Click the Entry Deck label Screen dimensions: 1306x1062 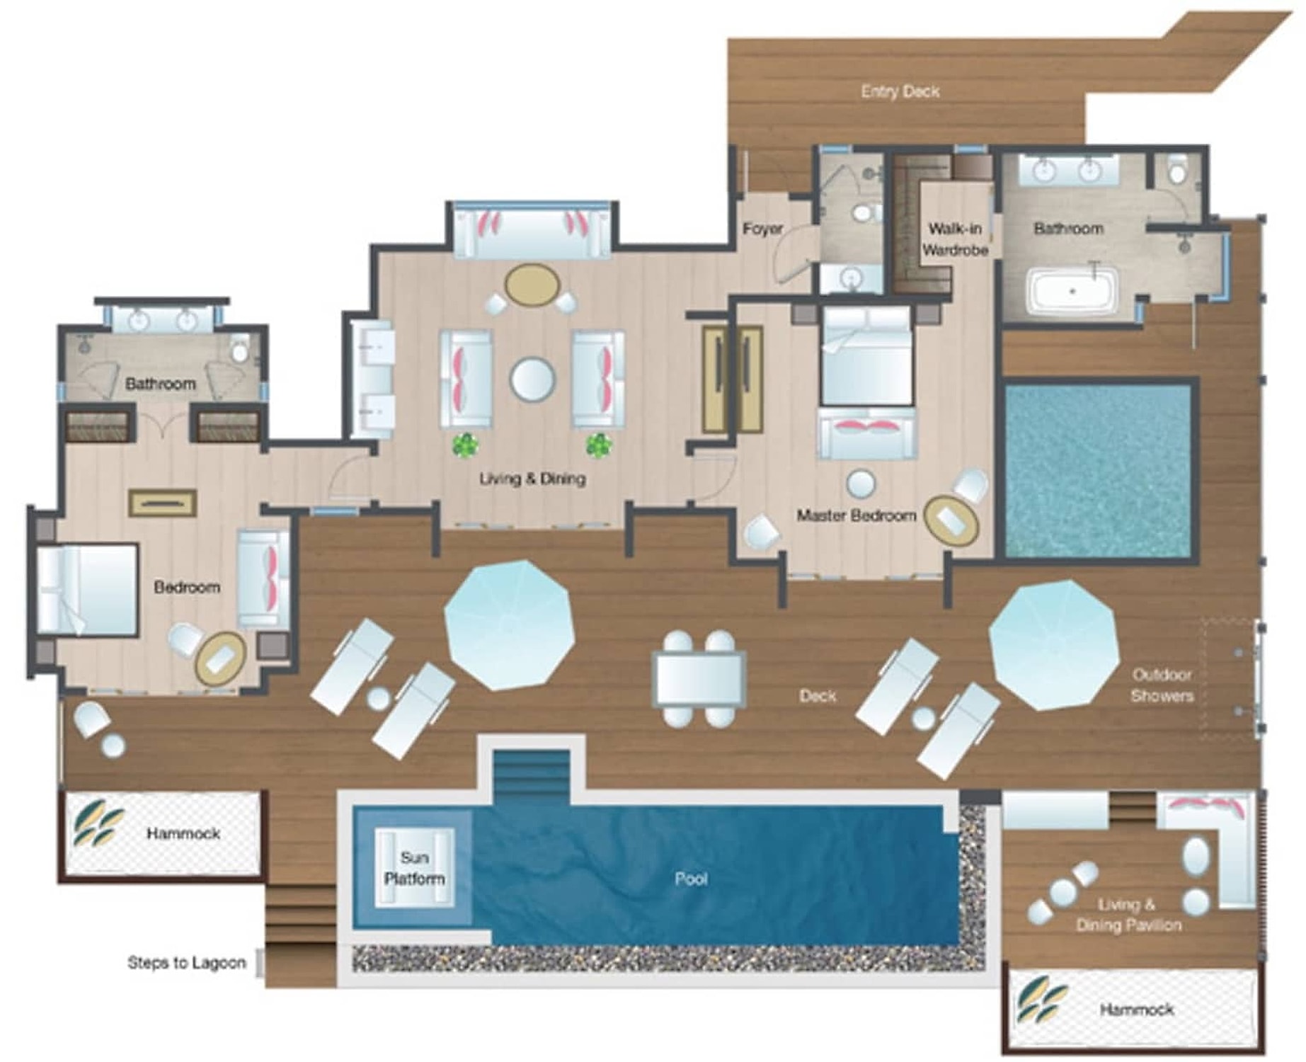click(900, 91)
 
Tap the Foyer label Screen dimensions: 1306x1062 click(762, 228)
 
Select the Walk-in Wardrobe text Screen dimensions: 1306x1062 click(955, 239)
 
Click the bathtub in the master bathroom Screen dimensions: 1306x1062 click(1073, 290)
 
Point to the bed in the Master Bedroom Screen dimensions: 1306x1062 click(866, 356)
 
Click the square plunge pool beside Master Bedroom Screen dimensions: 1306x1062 click(1098, 471)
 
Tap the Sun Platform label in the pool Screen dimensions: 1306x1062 click(414, 868)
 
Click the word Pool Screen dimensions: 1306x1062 click(691, 879)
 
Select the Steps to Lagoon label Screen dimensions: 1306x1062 click(186, 963)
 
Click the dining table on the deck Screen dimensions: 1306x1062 click(699, 679)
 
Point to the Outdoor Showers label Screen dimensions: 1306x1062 click(1162, 685)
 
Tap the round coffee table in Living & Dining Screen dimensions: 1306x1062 click(532, 379)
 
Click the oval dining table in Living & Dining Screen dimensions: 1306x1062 click(532, 285)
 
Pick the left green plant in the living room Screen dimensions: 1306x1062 click(465, 445)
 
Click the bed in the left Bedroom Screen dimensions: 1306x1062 click(87, 590)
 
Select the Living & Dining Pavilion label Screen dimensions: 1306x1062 click(1128, 915)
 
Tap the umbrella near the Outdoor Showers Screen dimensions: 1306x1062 click(1053, 645)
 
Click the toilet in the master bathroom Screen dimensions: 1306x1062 click(1176, 170)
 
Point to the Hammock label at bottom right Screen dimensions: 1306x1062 click(1136, 1010)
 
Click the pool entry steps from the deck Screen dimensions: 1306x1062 click(531, 777)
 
